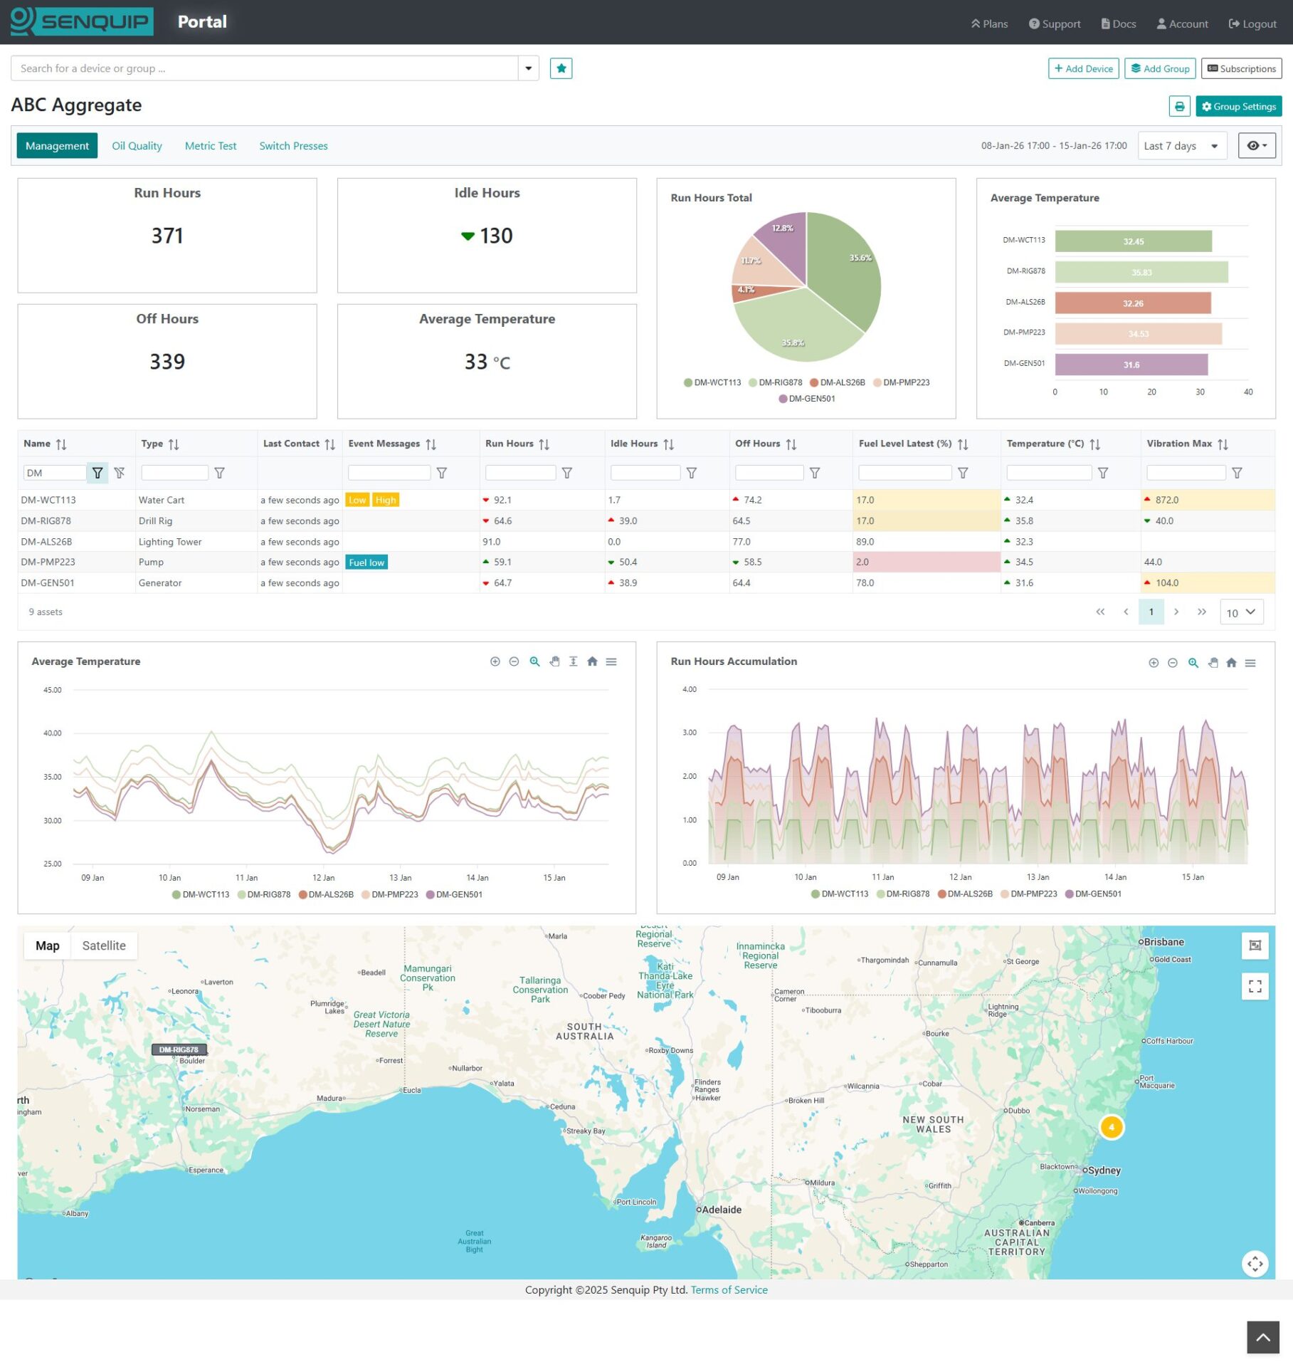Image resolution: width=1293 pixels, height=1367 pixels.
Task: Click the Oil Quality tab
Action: pyautogui.click(x=137, y=146)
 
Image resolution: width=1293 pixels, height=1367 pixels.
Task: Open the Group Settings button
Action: pyautogui.click(x=1238, y=107)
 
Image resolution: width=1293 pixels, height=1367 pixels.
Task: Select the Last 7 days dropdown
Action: pyautogui.click(x=1181, y=146)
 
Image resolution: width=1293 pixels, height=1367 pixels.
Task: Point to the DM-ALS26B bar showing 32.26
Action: pyautogui.click(x=1132, y=303)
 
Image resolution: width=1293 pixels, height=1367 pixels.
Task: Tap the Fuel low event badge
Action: pyautogui.click(x=366, y=562)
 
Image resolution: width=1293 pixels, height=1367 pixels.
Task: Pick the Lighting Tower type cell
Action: pyautogui.click(x=170, y=542)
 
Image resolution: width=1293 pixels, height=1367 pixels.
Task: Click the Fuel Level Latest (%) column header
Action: pyautogui.click(x=904, y=444)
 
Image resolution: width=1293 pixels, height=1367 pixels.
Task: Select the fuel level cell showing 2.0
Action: pyautogui.click(x=925, y=562)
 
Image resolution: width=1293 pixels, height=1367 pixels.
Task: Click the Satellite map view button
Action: pyautogui.click(x=104, y=946)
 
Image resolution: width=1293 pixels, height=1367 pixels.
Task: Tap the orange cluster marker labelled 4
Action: pyautogui.click(x=1111, y=1127)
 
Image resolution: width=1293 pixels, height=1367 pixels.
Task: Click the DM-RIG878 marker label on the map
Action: pyautogui.click(x=179, y=1049)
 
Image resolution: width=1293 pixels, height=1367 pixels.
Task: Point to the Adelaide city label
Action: pyautogui.click(x=722, y=1210)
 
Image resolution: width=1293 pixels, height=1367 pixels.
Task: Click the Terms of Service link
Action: pyautogui.click(x=729, y=1290)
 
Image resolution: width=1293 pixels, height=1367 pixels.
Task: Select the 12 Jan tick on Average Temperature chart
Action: pyautogui.click(x=323, y=878)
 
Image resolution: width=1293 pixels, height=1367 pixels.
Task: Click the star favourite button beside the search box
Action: pyautogui.click(x=561, y=68)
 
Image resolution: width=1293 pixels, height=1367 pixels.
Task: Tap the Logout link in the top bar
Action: pyautogui.click(x=1252, y=24)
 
